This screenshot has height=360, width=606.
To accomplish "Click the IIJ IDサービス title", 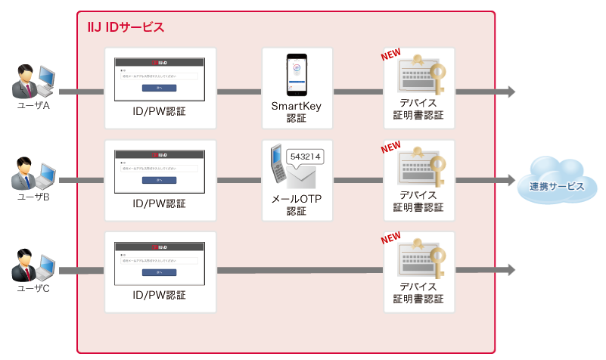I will click(126, 27).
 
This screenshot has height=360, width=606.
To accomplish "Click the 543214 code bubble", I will click(305, 156).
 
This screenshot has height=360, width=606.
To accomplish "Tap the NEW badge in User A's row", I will click(390, 55).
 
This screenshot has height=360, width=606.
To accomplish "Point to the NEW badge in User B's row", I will click(390, 147).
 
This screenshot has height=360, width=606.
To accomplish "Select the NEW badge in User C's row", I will click(390, 238).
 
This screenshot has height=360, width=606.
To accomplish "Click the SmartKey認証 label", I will click(297, 112).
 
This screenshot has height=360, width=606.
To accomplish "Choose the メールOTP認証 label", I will click(297, 205).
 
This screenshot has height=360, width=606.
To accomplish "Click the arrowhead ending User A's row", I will click(511, 92).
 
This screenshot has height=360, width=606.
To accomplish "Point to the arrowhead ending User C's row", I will click(511, 270).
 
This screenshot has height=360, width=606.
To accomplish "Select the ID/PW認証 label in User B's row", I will click(159, 203).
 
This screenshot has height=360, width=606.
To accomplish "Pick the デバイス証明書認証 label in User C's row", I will click(418, 293).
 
